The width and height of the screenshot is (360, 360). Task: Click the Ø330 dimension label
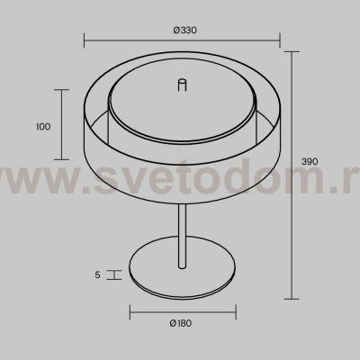click(x=185, y=30)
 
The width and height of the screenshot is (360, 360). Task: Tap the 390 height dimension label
click(x=310, y=162)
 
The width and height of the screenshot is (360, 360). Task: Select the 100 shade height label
click(x=43, y=127)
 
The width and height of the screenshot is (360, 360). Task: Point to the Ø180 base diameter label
click(x=180, y=323)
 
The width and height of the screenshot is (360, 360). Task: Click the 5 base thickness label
click(x=97, y=274)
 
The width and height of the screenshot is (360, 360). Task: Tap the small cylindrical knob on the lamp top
click(x=182, y=85)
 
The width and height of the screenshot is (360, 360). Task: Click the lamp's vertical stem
click(x=182, y=236)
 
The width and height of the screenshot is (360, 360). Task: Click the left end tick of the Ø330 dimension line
click(x=84, y=40)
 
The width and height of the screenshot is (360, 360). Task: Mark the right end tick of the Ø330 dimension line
click(x=280, y=40)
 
